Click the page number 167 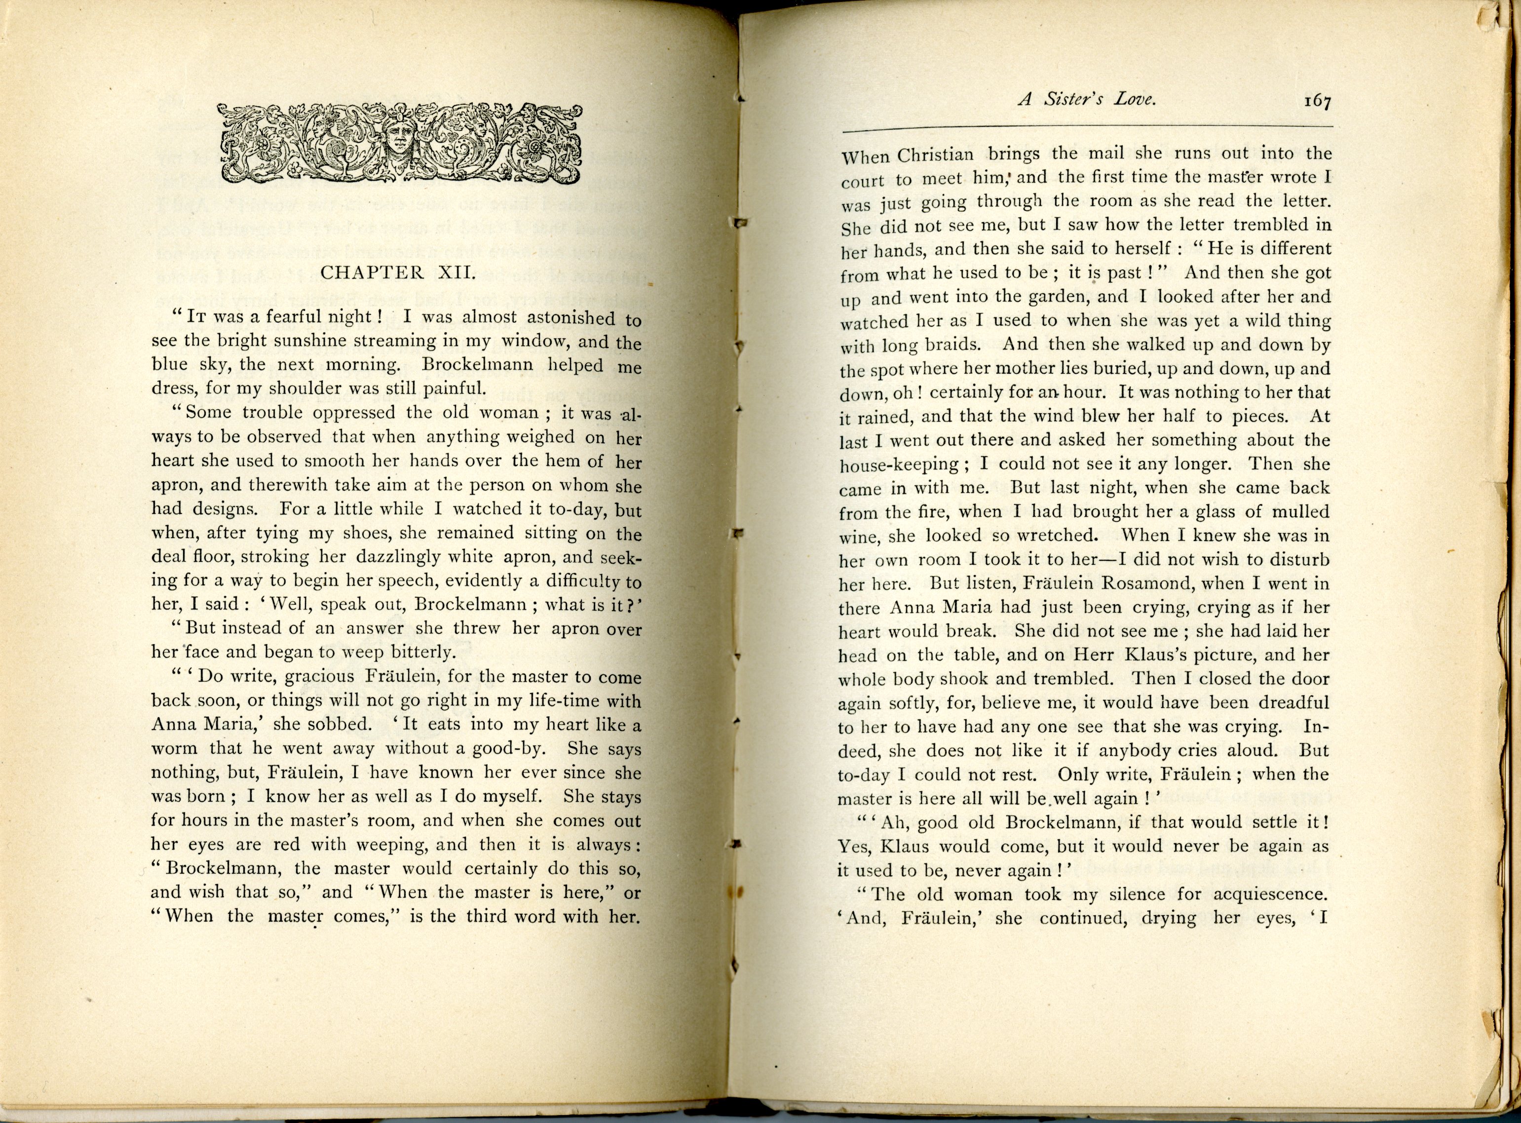tap(1316, 101)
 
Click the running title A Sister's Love tap(1086, 99)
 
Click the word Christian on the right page tap(937, 155)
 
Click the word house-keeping tap(899, 465)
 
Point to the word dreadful tap(1292, 702)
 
